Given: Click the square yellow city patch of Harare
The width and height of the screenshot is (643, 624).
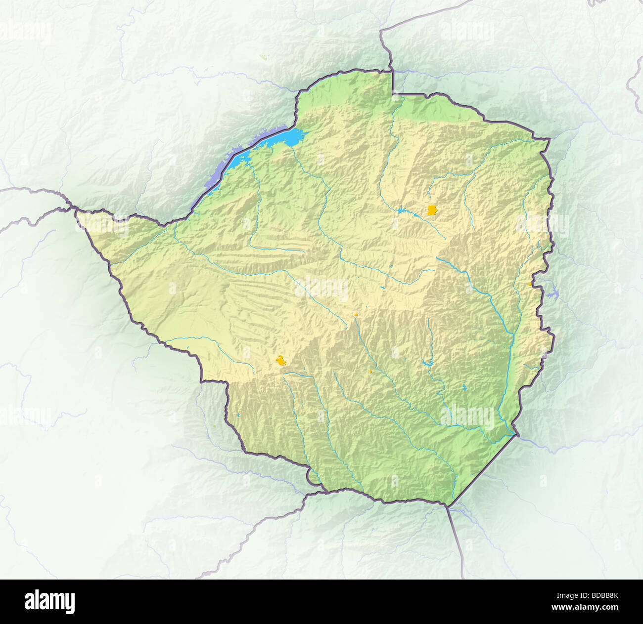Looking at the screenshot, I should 432,210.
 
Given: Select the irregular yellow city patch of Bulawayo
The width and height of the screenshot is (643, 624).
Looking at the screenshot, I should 281,361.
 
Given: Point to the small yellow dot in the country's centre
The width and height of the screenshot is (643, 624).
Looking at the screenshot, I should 356,314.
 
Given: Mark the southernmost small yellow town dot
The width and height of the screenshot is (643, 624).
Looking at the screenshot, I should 370,372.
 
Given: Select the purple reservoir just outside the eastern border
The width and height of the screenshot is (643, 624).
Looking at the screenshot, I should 551,295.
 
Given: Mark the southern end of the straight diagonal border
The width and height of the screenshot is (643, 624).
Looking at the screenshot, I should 448,505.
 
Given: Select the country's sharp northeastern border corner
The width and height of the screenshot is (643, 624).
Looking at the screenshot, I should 549,139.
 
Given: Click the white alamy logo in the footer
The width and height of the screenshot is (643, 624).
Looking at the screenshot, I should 50,602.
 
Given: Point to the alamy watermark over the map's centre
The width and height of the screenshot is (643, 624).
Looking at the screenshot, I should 321,288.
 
